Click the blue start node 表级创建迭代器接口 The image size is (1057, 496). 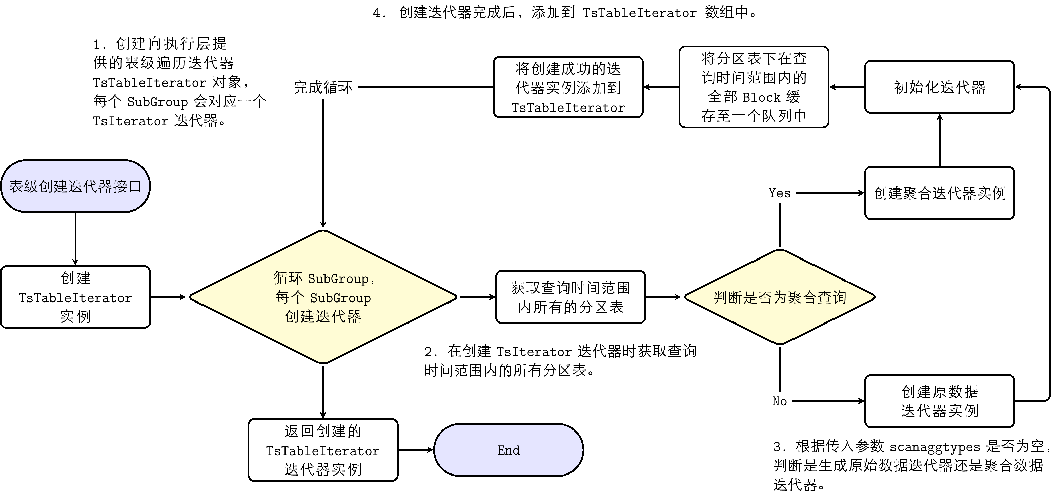75,186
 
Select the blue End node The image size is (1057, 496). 509,450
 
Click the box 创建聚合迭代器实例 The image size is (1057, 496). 940,193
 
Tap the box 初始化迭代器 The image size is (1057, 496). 940,87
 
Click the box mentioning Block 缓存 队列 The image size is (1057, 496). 754,87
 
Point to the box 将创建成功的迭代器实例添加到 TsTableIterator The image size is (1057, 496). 568,87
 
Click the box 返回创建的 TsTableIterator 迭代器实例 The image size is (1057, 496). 323,450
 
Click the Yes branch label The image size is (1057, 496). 779,193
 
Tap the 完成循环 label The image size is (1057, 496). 323,87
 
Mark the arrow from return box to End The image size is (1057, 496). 416,450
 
